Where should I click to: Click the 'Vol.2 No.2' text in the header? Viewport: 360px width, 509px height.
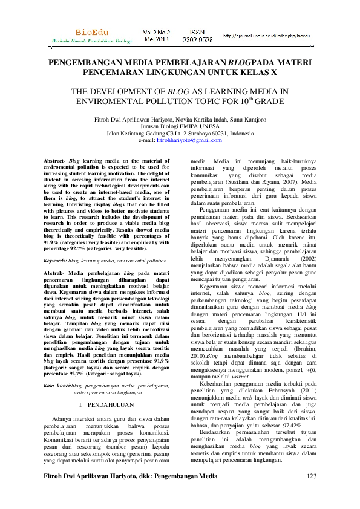(x=155, y=30)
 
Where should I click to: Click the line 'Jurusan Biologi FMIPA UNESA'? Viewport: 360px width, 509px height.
(x=180, y=126)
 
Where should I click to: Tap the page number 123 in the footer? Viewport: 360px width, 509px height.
(x=312, y=494)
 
